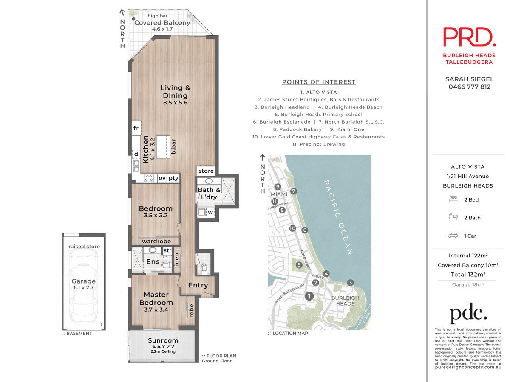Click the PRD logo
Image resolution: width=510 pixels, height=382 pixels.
469,37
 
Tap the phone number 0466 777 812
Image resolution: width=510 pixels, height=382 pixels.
470,87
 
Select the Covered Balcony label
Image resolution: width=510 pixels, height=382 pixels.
162,23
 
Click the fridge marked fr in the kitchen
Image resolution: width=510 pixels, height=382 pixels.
136,128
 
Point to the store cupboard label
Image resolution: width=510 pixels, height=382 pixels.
206,171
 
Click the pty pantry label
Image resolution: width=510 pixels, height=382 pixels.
173,178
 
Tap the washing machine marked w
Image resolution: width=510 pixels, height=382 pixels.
210,212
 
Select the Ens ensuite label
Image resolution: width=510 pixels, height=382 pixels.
153,261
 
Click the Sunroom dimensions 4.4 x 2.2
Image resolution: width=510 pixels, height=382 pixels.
163,346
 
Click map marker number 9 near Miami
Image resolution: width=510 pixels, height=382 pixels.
278,187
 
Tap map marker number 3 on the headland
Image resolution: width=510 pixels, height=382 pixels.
350,283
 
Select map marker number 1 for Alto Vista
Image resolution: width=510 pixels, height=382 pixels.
309,296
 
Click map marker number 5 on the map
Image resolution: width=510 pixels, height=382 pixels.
299,265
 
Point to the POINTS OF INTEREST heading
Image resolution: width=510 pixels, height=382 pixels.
319,82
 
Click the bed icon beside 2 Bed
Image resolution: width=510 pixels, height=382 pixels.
453,199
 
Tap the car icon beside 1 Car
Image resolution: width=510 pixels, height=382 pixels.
453,236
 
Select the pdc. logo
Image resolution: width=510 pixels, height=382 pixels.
468,313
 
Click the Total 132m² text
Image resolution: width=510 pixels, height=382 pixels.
468,274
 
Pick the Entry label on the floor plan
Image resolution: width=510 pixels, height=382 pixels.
198,285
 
